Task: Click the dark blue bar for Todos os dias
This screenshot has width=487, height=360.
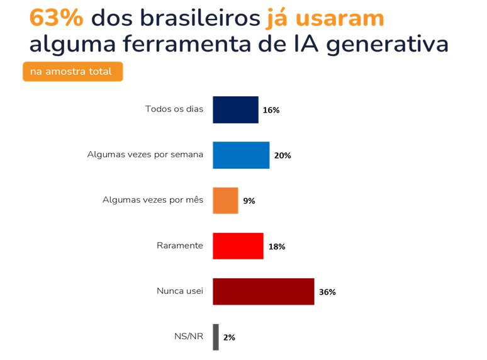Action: (x=235, y=110)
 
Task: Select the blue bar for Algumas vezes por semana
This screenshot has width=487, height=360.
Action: (x=241, y=155)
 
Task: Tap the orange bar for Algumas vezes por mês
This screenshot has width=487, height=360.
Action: (x=225, y=201)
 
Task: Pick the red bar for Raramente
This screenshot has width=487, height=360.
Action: (x=238, y=246)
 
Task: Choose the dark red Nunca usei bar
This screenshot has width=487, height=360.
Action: (x=263, y=291)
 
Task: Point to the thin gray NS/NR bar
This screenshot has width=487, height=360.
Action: (x=216, y=337)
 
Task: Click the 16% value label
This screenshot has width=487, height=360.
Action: (x=271, y=110)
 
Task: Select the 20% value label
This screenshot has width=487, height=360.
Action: (x=283, y=155)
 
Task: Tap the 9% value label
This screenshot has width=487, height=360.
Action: (x=249, y=201)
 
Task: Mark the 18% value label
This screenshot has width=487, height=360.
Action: (x=277, y=247)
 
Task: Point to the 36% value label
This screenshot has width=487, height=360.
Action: (x=327, y=292)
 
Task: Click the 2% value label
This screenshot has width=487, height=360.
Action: (x=229, y=337)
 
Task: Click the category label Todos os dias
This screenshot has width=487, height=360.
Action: (x=174, y=109)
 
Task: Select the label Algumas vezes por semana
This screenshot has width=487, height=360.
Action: (x=145, y=154)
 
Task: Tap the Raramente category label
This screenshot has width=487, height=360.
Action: (x=180, y=245)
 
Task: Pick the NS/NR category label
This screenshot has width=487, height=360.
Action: (x=188, y=336)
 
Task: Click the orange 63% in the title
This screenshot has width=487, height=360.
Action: (x=57, y=19)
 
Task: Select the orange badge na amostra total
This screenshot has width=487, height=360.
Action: (x=72, y=72)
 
